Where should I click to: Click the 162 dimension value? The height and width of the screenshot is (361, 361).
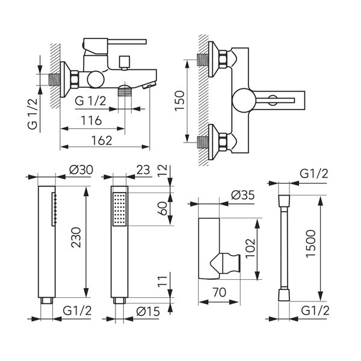[102, 141]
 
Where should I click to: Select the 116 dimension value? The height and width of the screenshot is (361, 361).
[91, 120]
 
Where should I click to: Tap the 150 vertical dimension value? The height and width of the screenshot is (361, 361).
[180, 101]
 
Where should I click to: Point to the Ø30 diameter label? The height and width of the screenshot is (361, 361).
[81, 170]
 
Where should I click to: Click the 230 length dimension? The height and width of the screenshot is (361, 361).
[76, 238]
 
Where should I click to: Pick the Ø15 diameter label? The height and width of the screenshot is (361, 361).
[148, 312]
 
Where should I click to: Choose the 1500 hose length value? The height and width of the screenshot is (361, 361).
[311, 244]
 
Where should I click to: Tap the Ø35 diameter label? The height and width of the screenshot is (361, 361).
[243, 195]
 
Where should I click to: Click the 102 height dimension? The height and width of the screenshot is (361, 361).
[251, 248]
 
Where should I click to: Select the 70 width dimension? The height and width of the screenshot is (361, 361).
[220, 292]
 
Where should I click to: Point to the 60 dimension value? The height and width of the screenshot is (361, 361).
[162, 209]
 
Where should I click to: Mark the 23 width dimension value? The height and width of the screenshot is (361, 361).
[143, 170]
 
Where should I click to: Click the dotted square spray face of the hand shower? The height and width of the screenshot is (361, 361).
[120, 209]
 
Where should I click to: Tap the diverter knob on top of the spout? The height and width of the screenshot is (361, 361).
[125, 63]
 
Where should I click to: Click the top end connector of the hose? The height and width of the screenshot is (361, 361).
[284, 201]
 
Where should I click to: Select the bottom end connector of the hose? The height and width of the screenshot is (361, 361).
[284, 295]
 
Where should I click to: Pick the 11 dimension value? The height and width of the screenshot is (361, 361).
[162, 281]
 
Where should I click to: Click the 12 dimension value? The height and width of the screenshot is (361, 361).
[162, 171]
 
